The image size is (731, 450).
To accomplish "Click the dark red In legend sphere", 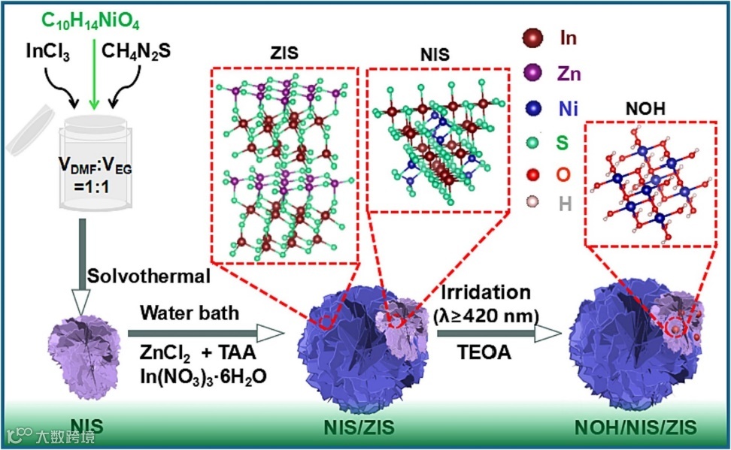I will [533, 38].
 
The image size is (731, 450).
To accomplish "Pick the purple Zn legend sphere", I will [533, 74].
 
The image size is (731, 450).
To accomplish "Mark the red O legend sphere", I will [533, 176].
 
